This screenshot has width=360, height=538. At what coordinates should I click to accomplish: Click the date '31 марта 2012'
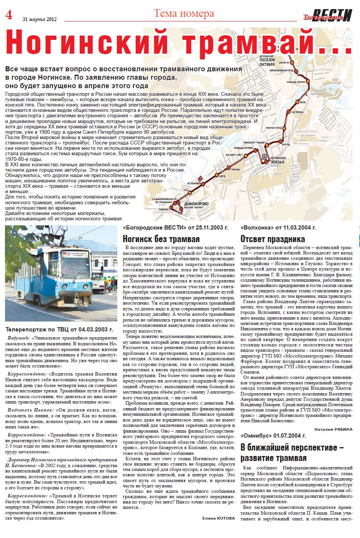coord(39,19)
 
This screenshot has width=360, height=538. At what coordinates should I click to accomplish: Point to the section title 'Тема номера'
coord(184,14)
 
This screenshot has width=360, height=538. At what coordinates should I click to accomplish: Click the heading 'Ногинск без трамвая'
coord(161,239)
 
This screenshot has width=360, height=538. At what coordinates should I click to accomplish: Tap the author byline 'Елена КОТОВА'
coord(219,518)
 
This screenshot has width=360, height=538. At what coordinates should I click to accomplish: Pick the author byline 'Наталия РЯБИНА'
coord(333,429)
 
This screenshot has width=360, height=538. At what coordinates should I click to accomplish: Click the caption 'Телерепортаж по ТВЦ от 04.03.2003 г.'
coord(59,329)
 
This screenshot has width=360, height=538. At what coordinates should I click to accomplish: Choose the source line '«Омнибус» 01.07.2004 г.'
coord(273,436)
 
